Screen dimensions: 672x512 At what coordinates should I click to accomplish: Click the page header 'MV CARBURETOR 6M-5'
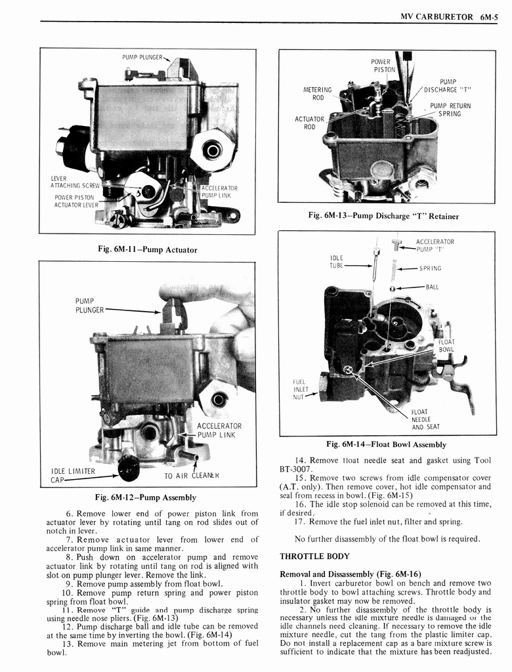(x=449, y=18)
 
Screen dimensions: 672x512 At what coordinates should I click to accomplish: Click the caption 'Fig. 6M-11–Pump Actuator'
(x=148, y=249)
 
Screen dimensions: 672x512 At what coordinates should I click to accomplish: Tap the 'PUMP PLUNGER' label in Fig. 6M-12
(x=91, y=305)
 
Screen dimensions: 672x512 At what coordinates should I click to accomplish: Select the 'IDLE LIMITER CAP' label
(x=73, y=475)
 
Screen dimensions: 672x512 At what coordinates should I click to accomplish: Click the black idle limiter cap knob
(x=129, y=467)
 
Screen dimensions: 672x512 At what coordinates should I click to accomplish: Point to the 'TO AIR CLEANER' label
(x=192, y=476)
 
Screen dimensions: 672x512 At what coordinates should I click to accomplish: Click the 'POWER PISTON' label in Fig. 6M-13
(x=384, y=66)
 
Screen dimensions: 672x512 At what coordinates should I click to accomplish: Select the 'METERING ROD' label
(x=317, y=94)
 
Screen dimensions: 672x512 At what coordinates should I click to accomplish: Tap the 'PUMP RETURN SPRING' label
(x=450, y=110)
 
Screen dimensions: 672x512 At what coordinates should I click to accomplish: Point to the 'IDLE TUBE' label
(x=337, y=262)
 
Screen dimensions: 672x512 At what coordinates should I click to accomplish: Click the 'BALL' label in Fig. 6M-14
(x=431, y=287)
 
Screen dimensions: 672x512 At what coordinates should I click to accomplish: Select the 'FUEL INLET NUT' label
(x=301, y=388)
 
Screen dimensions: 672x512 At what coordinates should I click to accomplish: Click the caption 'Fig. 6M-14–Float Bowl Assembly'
(x=387, y=444)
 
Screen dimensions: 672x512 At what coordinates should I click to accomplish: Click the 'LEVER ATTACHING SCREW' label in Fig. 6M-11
(x=74, y=182)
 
